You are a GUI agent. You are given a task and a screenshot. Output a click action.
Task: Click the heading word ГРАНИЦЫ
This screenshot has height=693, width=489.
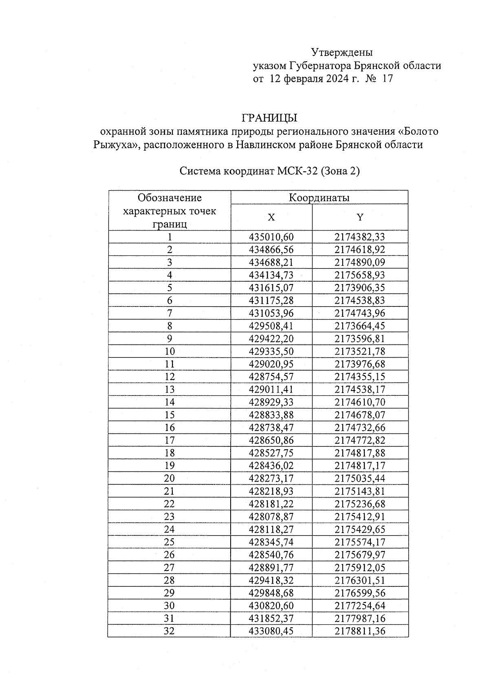coord(269,118)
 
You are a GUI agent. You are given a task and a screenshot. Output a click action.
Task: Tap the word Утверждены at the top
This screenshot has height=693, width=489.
coord(342,52)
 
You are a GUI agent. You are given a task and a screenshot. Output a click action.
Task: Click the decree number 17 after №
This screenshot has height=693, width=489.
coord(388,79)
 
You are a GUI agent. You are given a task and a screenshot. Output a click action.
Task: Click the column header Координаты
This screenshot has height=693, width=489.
coord(319,198)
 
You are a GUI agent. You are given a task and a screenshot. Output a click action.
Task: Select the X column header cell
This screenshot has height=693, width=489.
coord(271,218)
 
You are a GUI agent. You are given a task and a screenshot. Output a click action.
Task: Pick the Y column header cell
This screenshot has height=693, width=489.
coord(360,218)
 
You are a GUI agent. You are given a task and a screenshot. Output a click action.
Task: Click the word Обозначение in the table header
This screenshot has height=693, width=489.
coord(170,198)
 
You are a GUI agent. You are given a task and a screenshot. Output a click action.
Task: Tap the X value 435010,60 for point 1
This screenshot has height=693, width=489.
coord(271,237)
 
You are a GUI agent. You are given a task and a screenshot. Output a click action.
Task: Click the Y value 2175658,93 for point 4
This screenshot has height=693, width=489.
coord(360,275)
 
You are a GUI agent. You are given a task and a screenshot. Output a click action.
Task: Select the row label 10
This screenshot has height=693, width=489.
coord(170,351)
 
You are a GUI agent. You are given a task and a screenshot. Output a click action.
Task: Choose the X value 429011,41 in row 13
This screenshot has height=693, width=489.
coord(271,389)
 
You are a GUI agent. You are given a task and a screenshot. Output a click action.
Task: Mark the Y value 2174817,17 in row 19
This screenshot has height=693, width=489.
coord(360,466)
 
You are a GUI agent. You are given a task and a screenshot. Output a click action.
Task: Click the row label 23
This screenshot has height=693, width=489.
coord(170,517)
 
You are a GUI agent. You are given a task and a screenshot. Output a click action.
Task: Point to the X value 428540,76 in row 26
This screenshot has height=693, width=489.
coord(271,555)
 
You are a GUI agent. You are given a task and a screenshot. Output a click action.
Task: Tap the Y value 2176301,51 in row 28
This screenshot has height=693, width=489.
coord(360,580)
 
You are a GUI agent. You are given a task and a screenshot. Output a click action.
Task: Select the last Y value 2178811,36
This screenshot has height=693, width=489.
coord(360,631)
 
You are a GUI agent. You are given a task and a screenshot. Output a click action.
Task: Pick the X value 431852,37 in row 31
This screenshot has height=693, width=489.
coord(271,618)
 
